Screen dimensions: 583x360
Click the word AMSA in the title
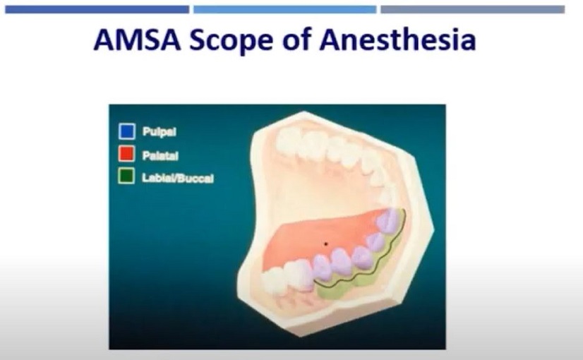(137, 40)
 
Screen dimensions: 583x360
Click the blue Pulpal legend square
(127, 131)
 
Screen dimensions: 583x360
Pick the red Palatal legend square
(126, 154)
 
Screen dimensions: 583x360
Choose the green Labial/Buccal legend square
(126, 176)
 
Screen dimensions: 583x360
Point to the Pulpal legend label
(159, 132)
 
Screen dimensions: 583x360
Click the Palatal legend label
(160, 155)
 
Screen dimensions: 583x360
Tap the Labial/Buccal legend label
(178, 178)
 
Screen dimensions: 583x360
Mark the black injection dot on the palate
(326, 244)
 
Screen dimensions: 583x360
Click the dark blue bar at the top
(97, 9)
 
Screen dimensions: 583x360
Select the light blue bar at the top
(285, 9)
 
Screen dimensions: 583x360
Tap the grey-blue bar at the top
(473, 9)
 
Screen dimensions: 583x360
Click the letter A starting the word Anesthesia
(329, 40)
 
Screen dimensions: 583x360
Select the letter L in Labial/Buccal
(145, 178)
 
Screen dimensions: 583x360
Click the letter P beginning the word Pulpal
(145, 131)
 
